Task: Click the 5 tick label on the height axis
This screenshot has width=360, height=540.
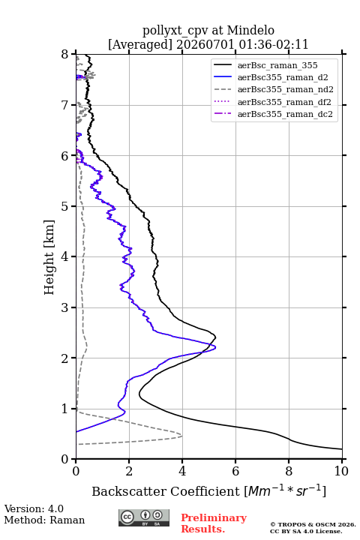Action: coord(64,206)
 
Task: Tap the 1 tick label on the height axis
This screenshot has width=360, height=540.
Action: coord(64,409)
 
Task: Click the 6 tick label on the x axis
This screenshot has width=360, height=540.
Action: coord(235,471)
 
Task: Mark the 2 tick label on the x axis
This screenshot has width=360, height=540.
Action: coord(129,471)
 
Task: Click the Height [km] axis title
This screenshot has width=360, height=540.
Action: coord(49,257)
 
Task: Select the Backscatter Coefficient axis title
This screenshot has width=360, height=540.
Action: coord(208,490)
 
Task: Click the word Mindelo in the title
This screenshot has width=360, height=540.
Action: coord(250,30)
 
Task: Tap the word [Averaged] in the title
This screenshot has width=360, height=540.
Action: coord(139,44)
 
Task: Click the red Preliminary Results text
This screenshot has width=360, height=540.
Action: coord(214,523)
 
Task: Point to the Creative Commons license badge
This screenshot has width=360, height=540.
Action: coord(144,517)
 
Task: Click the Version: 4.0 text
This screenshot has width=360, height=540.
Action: coord(34,508)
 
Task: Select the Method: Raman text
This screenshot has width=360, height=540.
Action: coord(44,520)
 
